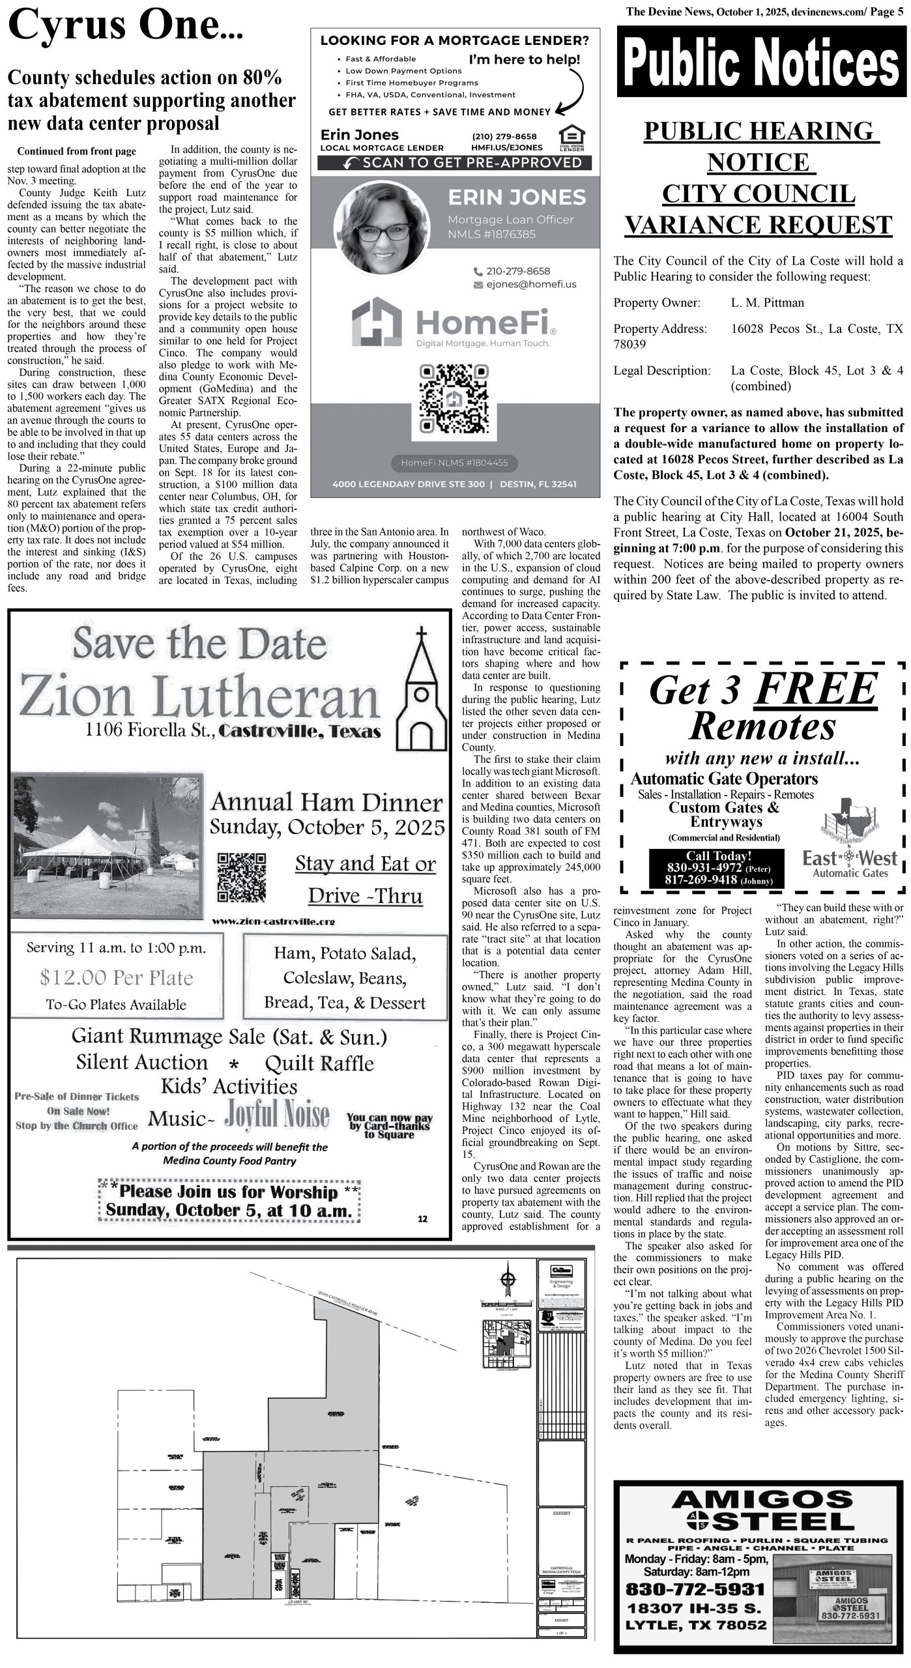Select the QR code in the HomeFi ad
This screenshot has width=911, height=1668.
pos(455,399)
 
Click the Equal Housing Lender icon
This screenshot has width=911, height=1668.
pos(571,137)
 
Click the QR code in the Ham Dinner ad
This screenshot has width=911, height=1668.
pos(241,876)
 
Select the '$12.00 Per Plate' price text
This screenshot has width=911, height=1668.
pos(116,978)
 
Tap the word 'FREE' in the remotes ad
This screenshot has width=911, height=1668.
pos(815,689)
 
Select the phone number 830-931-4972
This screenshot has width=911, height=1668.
pos(704,869)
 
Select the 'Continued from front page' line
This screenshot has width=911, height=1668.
pos(77,152)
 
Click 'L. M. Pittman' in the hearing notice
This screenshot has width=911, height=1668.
pos(767,302)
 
